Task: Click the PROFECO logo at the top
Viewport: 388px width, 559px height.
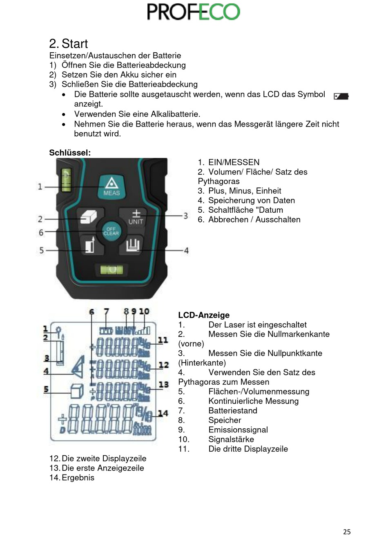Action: click(x=193, y=12)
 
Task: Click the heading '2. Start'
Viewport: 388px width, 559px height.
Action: click(x=68, y=44)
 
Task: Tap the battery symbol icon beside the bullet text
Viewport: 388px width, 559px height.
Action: click(x=341, y=96)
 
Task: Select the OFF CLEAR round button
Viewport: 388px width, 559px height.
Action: click(x=111, y=231)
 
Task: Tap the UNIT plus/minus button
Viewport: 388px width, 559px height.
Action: click(x=136, y=217)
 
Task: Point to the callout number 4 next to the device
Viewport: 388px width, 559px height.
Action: click(x=186, y=250)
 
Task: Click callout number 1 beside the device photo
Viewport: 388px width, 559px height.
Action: click(x=40, y=187)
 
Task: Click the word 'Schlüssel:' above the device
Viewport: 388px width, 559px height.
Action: click(x=70, y=153)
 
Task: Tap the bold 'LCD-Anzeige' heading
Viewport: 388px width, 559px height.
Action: click(x=204, y=315)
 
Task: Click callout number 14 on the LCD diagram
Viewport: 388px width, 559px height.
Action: click(x=163, y=413)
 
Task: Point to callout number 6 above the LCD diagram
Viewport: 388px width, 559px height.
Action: click(x=91, y=312)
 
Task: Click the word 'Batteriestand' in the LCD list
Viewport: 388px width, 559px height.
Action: click(x=233, y=411)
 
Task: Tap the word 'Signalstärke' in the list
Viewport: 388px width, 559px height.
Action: click(x=231, y=439)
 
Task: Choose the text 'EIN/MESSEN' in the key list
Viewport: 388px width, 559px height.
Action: click(x=234, y=163)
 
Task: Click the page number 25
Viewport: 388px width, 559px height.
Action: click(x=347, y=532)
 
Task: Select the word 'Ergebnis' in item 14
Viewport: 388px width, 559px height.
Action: click(x=78, y=478)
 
